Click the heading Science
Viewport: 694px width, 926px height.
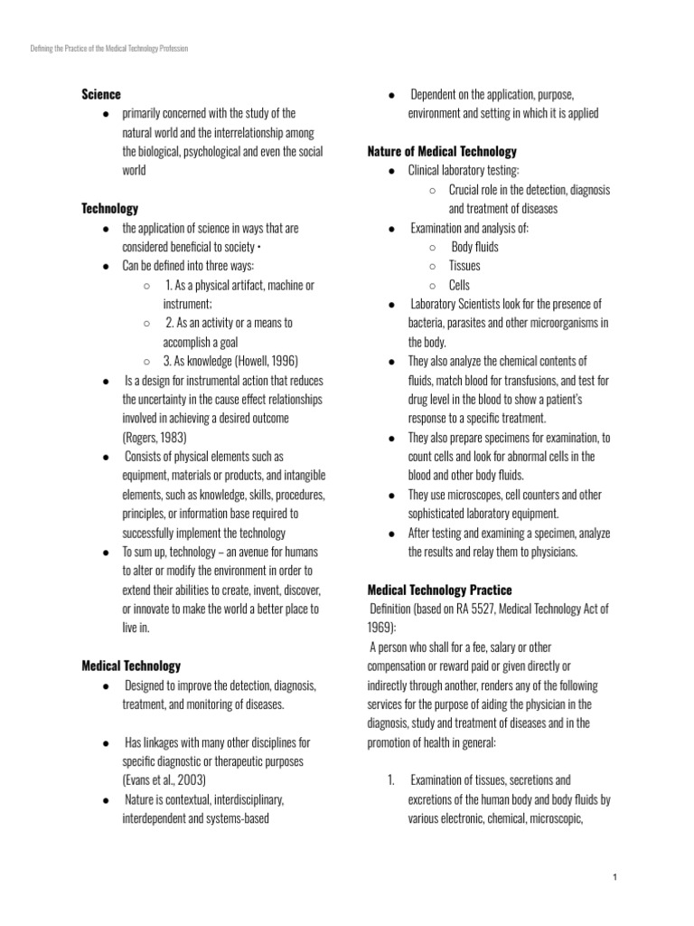101,94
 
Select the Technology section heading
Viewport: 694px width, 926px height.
110,208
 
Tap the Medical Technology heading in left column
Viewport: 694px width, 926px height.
131,666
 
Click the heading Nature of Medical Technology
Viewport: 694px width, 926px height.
442,151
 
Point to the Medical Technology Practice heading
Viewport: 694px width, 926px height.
439,590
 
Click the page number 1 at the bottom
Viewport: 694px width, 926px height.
614,877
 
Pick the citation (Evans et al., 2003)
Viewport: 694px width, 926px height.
164,780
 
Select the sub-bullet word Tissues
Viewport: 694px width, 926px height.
464,266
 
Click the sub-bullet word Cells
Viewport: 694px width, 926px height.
459,285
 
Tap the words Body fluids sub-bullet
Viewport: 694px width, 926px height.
474,247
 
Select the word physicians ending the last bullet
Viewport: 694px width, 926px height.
552,552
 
